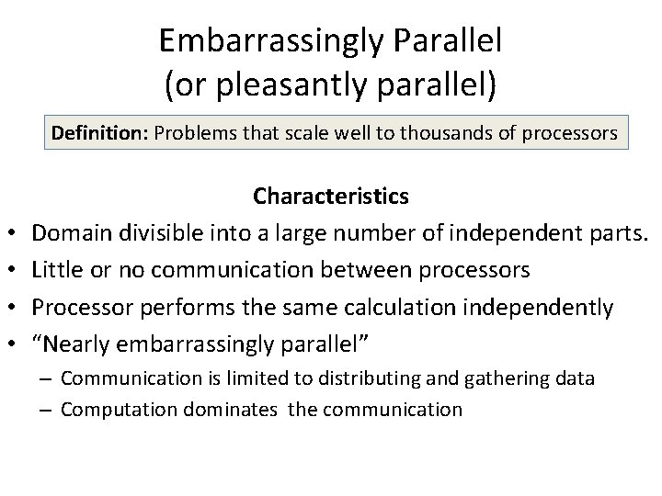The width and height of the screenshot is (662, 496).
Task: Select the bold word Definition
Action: (x=99, y=133)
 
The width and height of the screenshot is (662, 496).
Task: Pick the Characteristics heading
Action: (x=331, y=196)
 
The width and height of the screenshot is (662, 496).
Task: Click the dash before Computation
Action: (x=46, y=409)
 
